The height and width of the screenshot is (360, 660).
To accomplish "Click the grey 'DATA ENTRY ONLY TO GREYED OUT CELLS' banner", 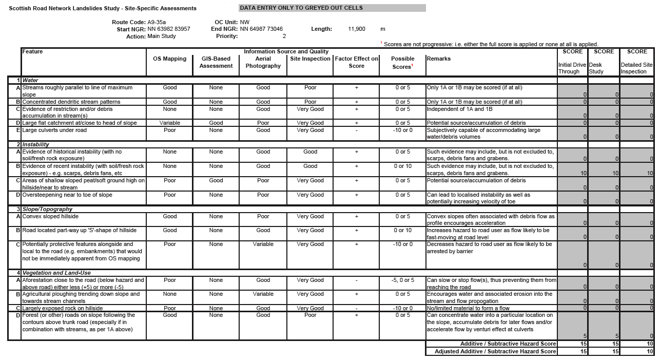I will [332, 8].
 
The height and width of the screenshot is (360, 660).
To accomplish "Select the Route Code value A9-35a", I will [157, 22].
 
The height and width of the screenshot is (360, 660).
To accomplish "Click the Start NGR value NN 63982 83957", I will [168, 29].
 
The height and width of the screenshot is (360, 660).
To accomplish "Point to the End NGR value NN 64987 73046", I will [261, 29].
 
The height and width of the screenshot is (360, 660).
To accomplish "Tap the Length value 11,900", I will [357, 29].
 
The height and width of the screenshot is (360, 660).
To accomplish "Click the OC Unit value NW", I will [245, 22].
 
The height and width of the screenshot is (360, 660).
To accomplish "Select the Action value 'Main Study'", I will [162, 36].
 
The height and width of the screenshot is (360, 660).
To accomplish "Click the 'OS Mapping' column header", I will [170, 59].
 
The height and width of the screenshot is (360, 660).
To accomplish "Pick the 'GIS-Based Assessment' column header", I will [216, 62].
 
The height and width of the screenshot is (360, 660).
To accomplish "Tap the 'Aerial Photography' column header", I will [263, 62].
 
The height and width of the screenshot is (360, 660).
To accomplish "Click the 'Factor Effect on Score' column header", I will [357, 62].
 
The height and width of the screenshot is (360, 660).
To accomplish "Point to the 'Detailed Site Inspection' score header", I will [637, 68].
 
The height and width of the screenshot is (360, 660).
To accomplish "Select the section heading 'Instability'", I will [36, 145].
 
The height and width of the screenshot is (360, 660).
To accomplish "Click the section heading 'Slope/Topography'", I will [47, 209].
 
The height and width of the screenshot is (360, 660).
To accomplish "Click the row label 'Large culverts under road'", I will [54, 130].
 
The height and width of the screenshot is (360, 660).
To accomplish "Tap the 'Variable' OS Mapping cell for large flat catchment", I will [170, 123].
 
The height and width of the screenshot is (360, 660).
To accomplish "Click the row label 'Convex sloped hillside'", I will [50, 217].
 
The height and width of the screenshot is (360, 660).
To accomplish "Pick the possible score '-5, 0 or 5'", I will [402, 280].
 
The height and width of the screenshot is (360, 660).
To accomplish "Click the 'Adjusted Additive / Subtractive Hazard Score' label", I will [495, 352].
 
